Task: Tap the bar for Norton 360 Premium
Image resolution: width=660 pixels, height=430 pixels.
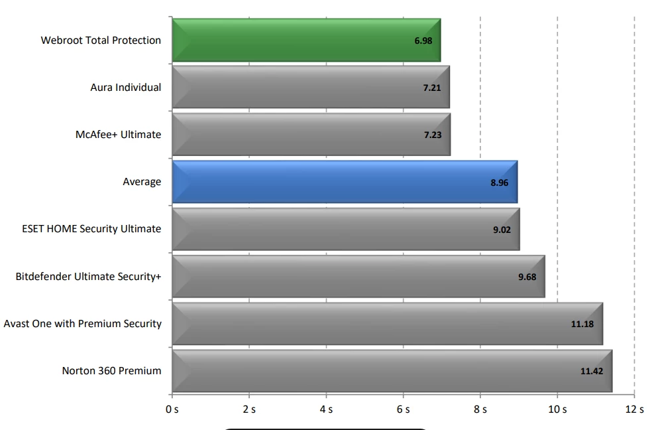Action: [x=391, y=371]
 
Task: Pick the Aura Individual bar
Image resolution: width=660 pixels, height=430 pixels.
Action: [x=310, y=88]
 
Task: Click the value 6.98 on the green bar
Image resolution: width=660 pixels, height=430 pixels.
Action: [x=423, y=41]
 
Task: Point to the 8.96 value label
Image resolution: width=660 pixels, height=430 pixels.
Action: [x=500, y=182]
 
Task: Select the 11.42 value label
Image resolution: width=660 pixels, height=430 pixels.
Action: [x=592, y=371]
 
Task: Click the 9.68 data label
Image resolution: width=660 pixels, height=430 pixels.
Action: [x=527, y=277]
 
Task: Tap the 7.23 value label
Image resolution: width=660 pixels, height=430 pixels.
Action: [x=433, y=135]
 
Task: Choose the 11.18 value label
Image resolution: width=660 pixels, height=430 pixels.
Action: [x=582, y=324]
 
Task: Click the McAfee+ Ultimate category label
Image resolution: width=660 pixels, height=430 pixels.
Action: [x=118, y=135]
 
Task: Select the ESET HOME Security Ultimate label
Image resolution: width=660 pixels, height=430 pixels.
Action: [x=91, y=229]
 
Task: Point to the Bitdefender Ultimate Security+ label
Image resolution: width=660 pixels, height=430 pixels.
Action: [x=88, y=277]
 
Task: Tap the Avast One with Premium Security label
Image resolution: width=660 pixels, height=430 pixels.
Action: [x=83, y=324]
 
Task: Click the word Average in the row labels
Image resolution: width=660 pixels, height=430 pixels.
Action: [x=142, y=182]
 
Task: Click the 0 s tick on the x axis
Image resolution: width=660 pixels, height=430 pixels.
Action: [x=172, y=409]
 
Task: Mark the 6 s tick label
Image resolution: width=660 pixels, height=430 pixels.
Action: [x=403, y=409]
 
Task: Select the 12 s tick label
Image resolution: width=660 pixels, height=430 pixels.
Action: [x=634, y=409]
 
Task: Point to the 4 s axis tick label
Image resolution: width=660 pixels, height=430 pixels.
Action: [x=326, y=409]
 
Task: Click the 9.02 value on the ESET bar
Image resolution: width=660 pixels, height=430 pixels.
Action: [x=501, y=230]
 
